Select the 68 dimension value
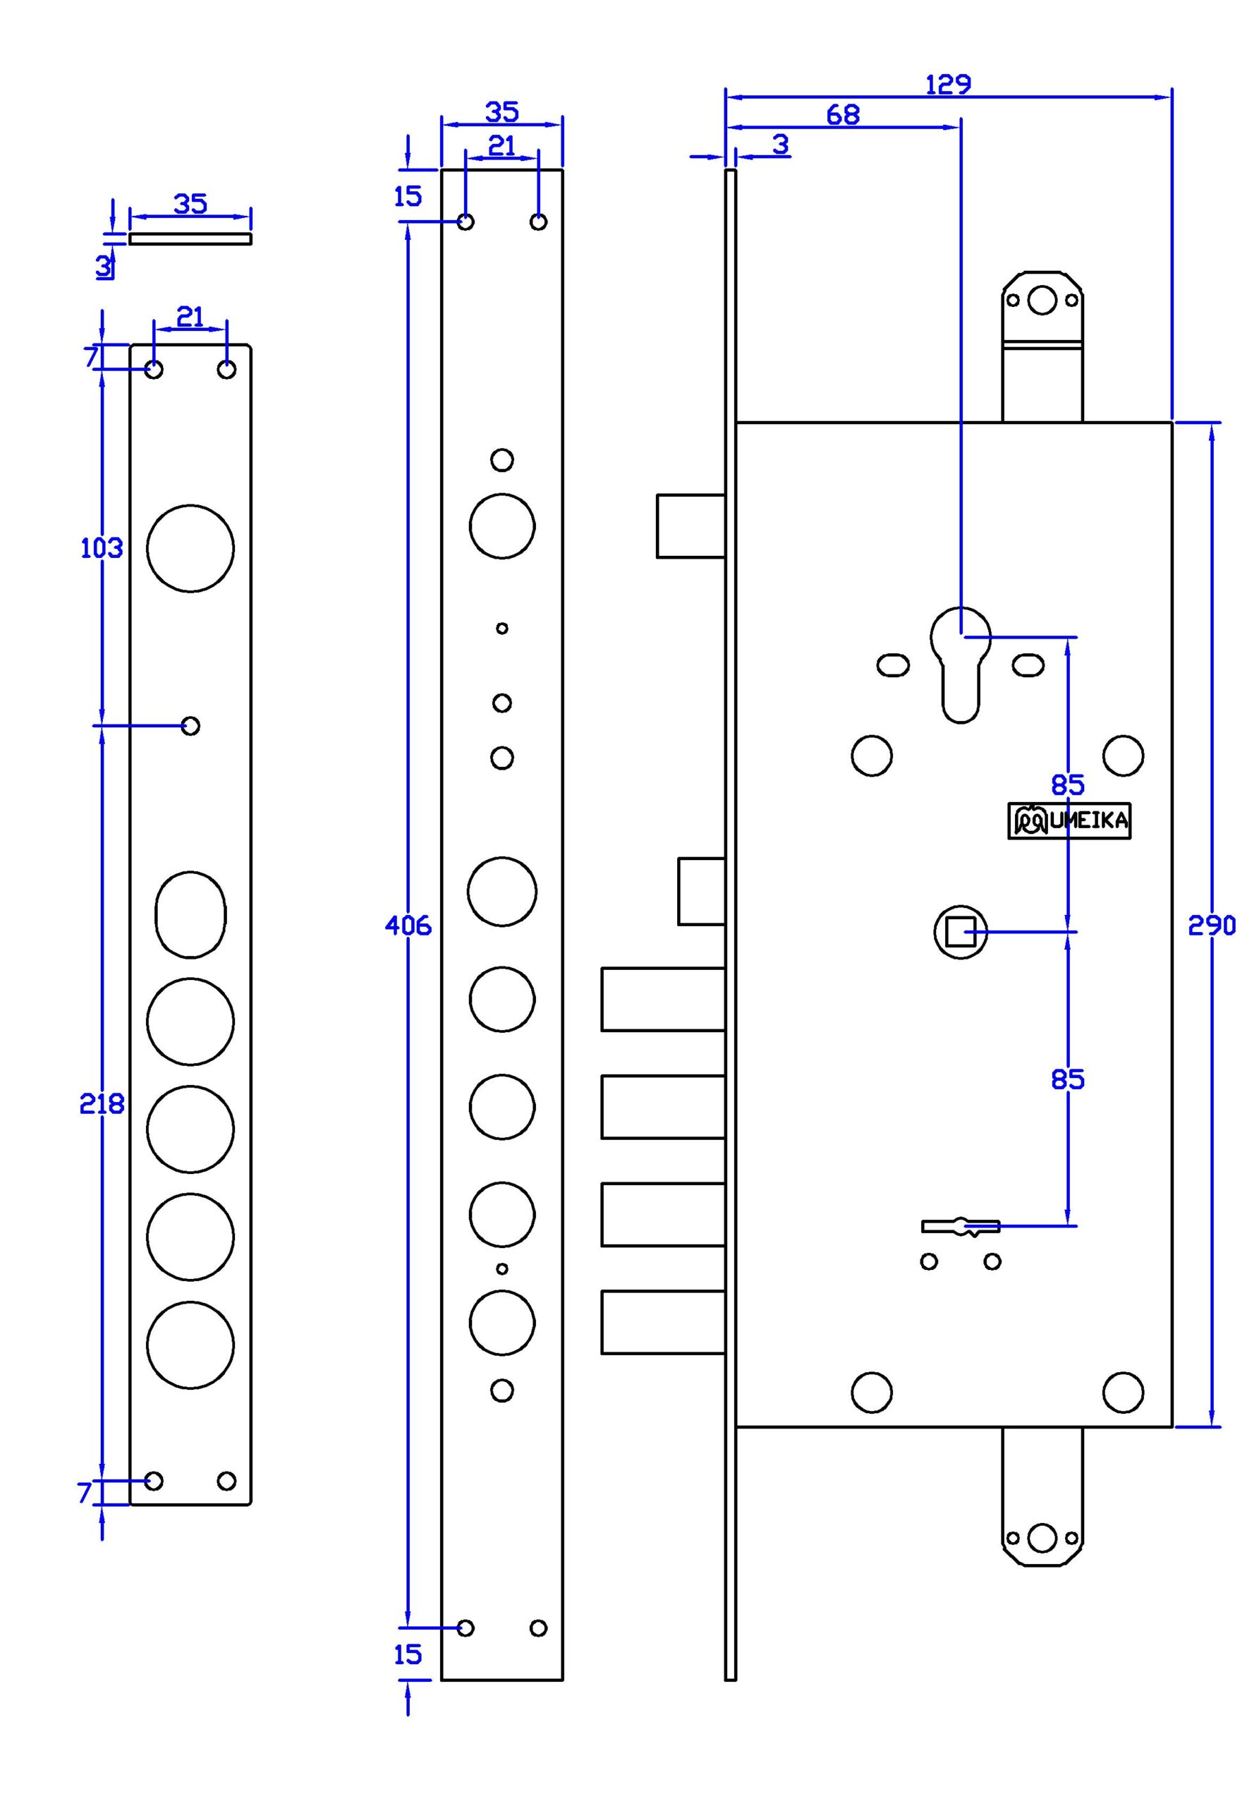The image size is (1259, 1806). [842, 115]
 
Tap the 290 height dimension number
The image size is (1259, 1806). [1211, 926]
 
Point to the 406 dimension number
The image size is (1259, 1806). [408, 926]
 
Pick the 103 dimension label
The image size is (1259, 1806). [102, 548]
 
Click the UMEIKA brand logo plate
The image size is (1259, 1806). [1069, 821]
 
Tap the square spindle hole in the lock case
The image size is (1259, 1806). [960, 932]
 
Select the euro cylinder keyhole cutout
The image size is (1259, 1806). [960, 665]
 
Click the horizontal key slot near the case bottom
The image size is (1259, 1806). [960, 1226]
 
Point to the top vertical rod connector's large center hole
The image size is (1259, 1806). [1042, 300]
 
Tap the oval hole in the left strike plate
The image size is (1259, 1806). [190, 914]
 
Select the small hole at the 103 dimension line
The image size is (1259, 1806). [190, 725]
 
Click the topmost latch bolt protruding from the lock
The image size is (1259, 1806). [691, 526]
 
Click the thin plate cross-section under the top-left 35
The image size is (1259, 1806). [190, 239]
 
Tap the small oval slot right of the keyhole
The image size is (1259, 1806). [1028, 665]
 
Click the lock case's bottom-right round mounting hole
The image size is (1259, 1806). [1123, 1393]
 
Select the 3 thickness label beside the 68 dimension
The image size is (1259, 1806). [780, 145]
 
